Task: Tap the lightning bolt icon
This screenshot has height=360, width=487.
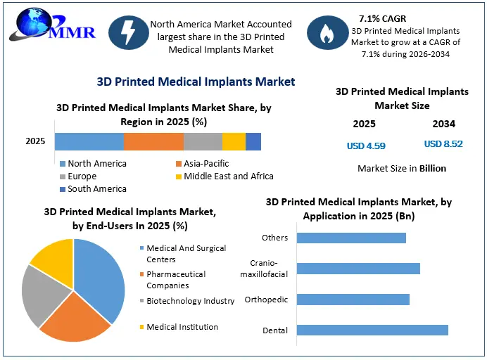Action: tap(129, 32)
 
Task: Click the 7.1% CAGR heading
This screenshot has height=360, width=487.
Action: tap(382, 18)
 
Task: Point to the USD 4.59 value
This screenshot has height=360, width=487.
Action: tap(366, 146)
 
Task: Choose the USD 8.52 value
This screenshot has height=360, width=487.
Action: tap(443, 144)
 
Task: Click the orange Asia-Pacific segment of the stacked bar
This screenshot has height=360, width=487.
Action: tap(153, 141)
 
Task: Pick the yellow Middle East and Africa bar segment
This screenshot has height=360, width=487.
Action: tap(234, 141)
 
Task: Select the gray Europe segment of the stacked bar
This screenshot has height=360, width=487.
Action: tap(203, 141)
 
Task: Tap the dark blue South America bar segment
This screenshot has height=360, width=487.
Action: tap(253, 141)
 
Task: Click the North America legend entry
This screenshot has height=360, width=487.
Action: tap(93, 164)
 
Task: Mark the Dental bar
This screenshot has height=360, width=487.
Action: tap(372, 330)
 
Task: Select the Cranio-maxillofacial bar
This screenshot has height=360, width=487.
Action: tap(358, 269)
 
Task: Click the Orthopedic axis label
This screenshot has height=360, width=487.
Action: tap(266, 300)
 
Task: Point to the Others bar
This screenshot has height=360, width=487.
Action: tap(351, 238)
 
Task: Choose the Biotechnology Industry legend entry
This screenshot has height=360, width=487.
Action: tap(187, 301)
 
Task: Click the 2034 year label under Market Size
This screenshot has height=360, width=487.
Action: tap(444, 124)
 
